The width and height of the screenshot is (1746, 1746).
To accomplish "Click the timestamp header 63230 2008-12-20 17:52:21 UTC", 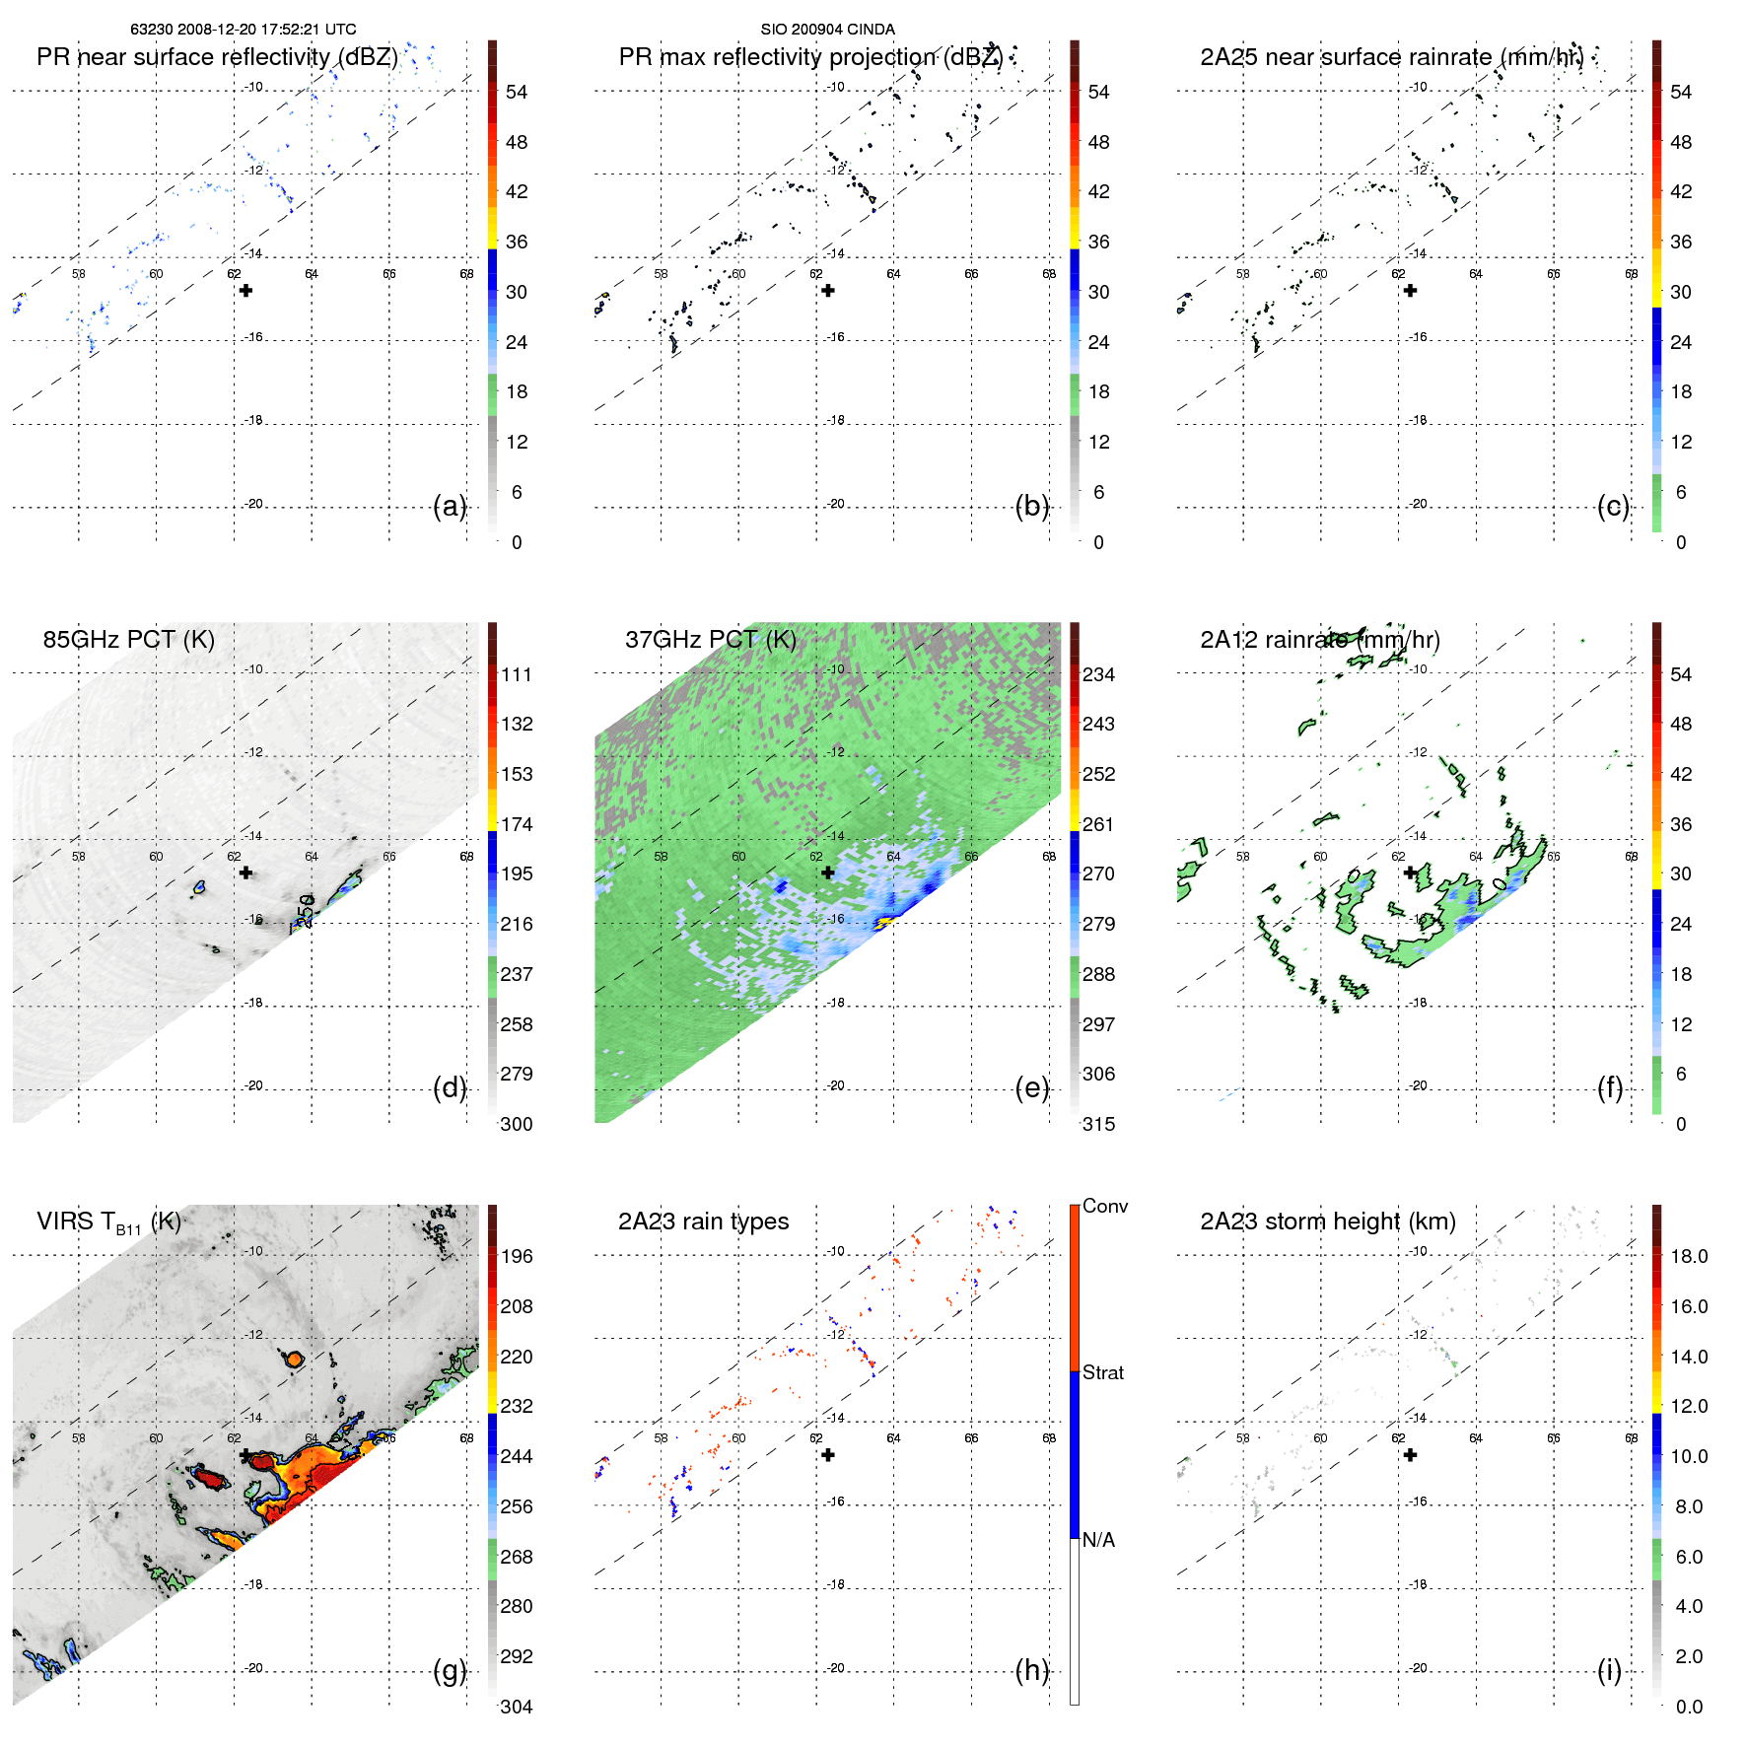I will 243,30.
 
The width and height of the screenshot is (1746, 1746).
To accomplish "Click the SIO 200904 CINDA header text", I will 827,30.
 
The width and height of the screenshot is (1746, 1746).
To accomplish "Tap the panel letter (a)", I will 450,506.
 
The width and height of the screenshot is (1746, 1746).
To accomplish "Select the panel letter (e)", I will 1031,1087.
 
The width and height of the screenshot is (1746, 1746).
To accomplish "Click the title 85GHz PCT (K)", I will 128,639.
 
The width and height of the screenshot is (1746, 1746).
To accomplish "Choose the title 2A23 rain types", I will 703,1222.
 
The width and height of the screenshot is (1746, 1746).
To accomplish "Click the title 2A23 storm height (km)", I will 1327,1222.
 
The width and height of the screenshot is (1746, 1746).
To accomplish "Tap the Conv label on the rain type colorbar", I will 1105,1206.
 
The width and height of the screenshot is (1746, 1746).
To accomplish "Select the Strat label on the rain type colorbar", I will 1103,1372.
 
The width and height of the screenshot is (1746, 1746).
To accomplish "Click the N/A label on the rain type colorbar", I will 1098,1540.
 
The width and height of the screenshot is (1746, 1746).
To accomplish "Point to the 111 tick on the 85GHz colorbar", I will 517,674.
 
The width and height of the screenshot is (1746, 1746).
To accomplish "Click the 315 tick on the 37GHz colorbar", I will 1098,1124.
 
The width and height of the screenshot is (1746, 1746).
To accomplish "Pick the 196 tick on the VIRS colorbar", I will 517,1256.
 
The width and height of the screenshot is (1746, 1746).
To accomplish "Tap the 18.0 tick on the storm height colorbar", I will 1689,1256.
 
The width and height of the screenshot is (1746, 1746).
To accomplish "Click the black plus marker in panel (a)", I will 245,290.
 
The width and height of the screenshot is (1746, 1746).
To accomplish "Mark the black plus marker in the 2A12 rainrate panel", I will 1411,873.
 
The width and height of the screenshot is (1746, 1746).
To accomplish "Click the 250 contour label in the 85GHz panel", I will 306,911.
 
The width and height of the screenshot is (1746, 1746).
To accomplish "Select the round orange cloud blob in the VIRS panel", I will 294,1360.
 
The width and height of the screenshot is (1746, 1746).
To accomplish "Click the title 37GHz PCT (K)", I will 710,639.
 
